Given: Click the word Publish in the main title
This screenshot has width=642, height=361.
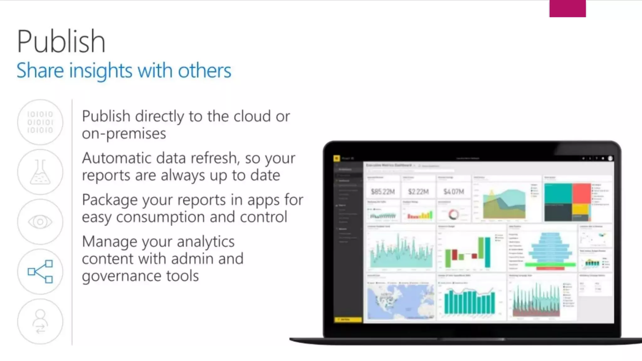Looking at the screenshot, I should tap(61, 41).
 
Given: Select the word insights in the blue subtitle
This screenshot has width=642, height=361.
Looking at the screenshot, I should tap(101, 71).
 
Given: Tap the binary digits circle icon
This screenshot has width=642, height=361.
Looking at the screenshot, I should tap(40, 122).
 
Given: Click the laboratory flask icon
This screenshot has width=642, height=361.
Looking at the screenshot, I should tap(40, 172).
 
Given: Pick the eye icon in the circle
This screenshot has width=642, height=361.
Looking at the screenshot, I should tap(40, 222).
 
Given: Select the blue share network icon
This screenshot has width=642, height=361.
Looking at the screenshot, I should tap(40, 271).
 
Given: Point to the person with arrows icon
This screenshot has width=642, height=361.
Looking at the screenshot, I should tap(40, 321).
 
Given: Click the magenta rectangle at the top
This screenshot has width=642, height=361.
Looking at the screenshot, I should tap(567, 8).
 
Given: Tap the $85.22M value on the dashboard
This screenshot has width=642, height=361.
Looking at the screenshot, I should tap(383, 191).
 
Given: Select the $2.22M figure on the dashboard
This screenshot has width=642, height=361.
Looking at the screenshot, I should tap(418, 191).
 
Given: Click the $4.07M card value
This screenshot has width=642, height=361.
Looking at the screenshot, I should tap(454, 191).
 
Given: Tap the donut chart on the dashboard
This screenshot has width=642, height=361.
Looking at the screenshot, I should tap(454, 215).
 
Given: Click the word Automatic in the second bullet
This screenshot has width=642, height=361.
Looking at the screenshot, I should tap(119, 158).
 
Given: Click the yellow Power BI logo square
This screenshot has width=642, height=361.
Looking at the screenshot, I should tap(337, 158).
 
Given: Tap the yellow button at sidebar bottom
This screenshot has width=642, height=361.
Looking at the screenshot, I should tap(348, 319).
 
